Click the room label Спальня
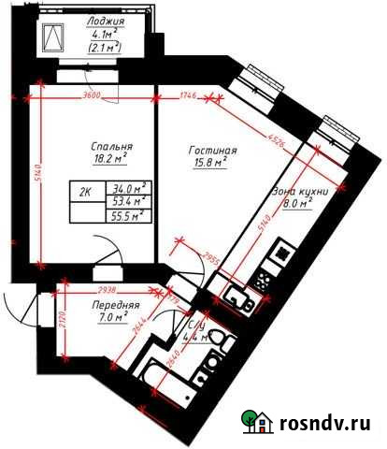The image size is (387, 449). (x=110, y=147)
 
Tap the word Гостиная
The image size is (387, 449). (x=211, y=151)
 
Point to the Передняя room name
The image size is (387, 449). (x=116, y=306)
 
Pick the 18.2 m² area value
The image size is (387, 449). (x=110, y=162)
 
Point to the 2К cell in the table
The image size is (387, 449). (x=85, y=194)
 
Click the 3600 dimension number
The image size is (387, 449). (x=91, y=96)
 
